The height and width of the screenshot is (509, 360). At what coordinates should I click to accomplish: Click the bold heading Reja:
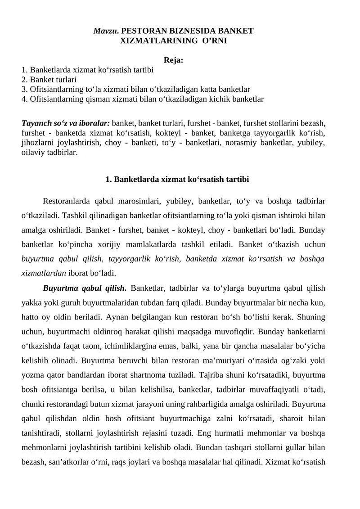173,60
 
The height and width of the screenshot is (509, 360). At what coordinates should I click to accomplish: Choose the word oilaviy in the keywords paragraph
33,152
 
